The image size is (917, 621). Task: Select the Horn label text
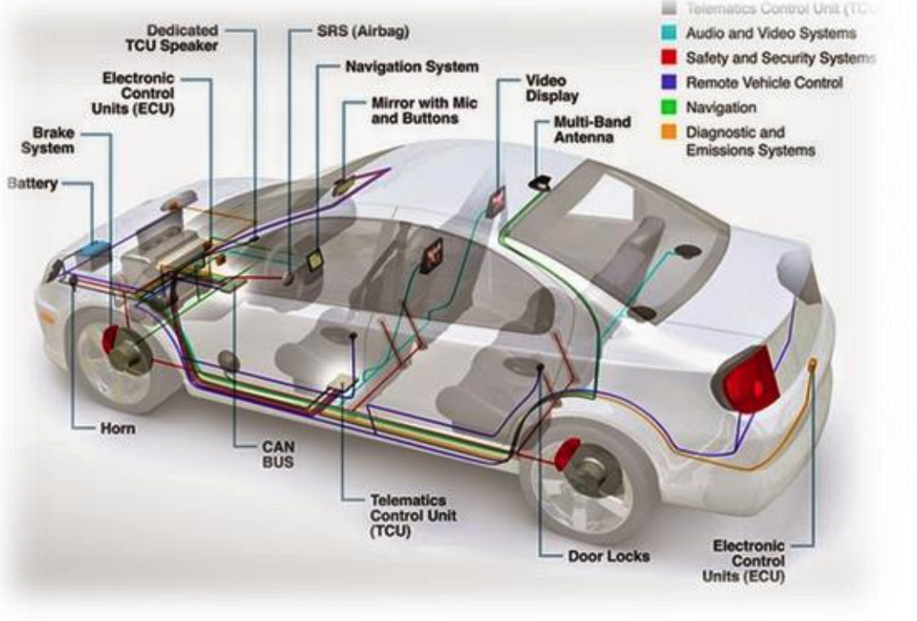point(116,428)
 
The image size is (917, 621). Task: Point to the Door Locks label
point(609,555)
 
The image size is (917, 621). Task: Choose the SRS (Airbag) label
point(363,32)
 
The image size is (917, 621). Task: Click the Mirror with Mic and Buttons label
point(423,110)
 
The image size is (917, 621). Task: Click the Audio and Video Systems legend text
point(770,34)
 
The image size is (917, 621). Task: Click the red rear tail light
point(749,378)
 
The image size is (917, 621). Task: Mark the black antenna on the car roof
point(543,183)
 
